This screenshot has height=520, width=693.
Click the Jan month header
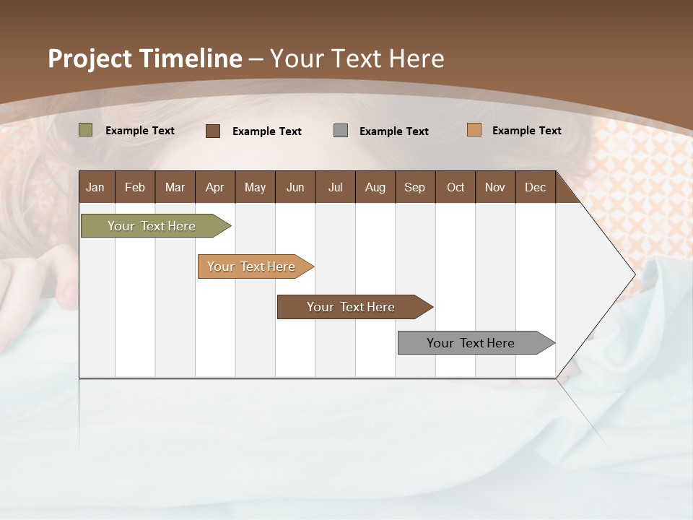tap(96, 187)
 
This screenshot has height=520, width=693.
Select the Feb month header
tap(135, 187)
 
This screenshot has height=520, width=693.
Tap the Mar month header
tap(175, 187)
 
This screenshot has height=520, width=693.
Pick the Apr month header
tap(215, 187)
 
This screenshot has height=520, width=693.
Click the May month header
tap(255, 187)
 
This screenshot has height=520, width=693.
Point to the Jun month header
tap(295, 187)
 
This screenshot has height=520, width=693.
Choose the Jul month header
tap(335, 187)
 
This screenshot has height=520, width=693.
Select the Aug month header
tap(375, 187)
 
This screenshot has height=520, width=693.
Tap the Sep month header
tap(415, 187)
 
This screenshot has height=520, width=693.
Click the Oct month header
tap(456, 187)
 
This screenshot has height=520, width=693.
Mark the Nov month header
tap(495, 187)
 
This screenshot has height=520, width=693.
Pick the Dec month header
tap(536, 187)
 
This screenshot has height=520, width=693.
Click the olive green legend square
tap(86, 130)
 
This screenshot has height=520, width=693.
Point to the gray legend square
tap(341, 130)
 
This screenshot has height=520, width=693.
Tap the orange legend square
tap(474, 130)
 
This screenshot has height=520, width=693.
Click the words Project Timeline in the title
tap(145, 58)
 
